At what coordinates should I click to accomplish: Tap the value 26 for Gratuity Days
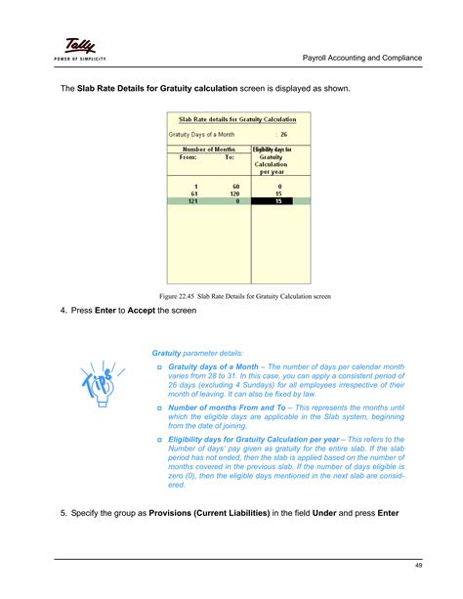[282, 133]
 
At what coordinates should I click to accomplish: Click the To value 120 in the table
[232, 193]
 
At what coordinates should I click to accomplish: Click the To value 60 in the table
[234, 186]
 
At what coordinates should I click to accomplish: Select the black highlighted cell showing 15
[280, 200]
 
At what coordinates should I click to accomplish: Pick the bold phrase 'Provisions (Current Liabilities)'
[216, 514]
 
